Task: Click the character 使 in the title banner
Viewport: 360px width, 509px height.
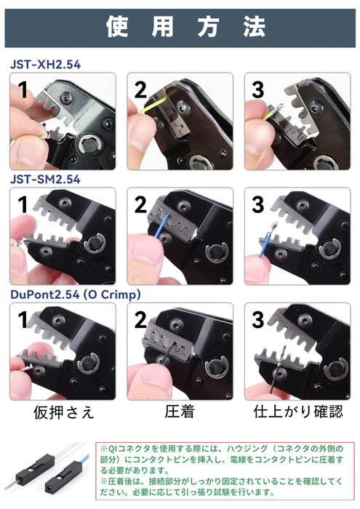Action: tap(117, 27)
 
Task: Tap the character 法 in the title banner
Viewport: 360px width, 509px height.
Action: tap(255, 27)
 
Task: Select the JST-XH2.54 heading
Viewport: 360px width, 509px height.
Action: tap(45, 64)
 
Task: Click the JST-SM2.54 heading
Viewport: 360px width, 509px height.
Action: tap(45, 179)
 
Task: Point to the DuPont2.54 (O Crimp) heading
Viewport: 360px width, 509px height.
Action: tap(76, 294)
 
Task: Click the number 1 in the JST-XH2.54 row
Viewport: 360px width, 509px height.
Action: tap(23, 89)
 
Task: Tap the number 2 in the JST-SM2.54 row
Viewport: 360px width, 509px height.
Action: tap(140, 205)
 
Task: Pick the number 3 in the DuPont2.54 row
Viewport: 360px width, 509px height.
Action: tap(258, 320)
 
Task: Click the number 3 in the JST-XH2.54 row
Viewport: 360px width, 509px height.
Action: tap(258, 89)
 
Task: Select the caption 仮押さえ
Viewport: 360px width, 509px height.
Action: tap(64, 412)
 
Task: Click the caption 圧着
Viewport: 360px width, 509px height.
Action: tap(180, 412)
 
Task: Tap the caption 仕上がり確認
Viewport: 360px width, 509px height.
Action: tap(298, 412)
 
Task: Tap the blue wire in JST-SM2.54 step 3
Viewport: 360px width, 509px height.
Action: tap(265, 244)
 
